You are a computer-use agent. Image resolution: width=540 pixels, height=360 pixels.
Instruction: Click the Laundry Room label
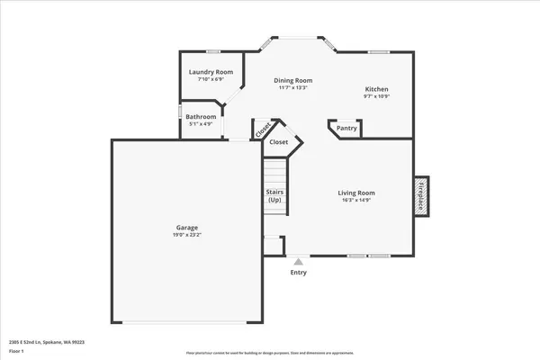coord(210,72)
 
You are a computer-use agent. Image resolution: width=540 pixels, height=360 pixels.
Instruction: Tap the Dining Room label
coord(292,80)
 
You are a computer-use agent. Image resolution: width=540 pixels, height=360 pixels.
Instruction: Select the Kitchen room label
coord(376,88)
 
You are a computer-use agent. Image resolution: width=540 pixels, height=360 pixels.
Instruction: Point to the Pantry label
coord(346,128)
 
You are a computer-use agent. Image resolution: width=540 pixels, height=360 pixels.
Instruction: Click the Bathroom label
coord(201,117)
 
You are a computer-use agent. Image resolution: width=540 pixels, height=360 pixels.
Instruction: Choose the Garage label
coord(187,228)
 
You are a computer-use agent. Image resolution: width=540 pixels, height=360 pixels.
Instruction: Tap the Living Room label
coord(356,193)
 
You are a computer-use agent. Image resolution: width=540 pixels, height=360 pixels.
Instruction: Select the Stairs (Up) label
coord(274,195)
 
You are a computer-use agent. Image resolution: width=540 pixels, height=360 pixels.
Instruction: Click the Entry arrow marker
coord(298,262)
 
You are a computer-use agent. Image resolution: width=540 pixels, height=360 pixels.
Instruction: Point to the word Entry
coord(298,273)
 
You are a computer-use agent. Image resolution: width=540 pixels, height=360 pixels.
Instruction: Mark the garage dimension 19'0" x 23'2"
coord(187,235)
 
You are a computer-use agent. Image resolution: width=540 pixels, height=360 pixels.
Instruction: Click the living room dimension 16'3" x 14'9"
coord(356,200)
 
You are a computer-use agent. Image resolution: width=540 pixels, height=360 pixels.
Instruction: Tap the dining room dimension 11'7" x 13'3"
coord(292,87)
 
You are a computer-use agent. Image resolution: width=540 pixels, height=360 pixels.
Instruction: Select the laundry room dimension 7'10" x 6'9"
coord(210,79)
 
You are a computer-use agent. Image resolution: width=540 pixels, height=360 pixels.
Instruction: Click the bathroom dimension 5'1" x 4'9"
coord(201,124)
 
